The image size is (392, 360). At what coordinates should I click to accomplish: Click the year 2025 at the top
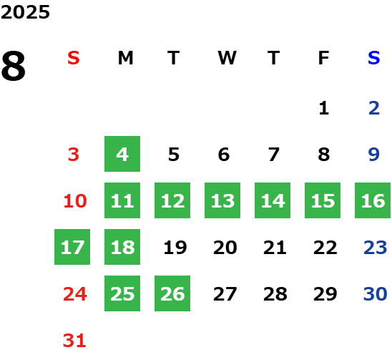pos(25,12)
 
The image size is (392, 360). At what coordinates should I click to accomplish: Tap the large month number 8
pos(14,66)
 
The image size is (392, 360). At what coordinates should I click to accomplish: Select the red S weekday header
pos(74,58)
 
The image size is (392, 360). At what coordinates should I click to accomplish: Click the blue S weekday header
pos(373,58)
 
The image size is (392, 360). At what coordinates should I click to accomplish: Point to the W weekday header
pos(227,58)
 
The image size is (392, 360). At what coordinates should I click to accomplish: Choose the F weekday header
pos(323,58)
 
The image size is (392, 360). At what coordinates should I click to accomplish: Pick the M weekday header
pos(125,58)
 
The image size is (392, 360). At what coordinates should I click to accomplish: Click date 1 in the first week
pos(324,108)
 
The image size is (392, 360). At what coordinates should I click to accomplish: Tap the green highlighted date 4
pos(122,154)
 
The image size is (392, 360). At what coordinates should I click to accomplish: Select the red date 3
pos(74,155)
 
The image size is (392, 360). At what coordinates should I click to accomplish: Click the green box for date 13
pos(222,200)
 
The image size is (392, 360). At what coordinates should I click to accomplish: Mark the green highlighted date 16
pos(373,200)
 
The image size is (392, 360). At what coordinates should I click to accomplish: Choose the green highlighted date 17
pos(72,247)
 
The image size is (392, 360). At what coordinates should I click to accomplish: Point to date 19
pos(175,248)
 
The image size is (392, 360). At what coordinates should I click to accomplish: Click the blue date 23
pos(376,248)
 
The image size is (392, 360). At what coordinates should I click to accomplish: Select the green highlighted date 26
pos(172,293)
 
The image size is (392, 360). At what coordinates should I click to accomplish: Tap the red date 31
pos(74,341)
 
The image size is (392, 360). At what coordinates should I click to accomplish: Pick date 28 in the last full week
pos(275,294)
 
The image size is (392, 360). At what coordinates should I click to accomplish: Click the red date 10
pos(75,201)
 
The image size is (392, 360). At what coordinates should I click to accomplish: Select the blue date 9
pos(374,155)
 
